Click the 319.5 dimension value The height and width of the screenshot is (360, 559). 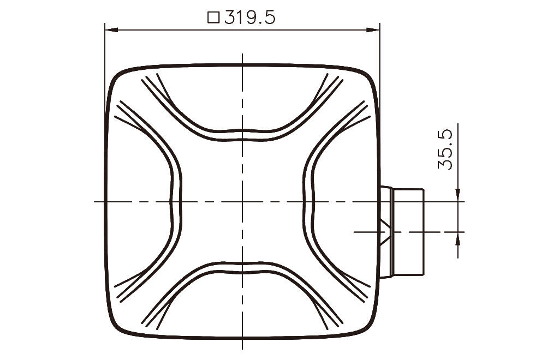click(250, 17)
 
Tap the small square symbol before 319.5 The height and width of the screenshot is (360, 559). click(213, 17)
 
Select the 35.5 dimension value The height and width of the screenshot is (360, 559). click(445, 149)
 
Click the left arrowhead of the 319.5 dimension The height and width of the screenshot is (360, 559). click(111, 30)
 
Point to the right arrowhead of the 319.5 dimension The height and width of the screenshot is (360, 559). click(373, 30)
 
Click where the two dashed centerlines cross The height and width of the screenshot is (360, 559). click(242, 201)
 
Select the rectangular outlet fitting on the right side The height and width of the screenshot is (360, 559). click(402, 232)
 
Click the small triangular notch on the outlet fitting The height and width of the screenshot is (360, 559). click(385, 232)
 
